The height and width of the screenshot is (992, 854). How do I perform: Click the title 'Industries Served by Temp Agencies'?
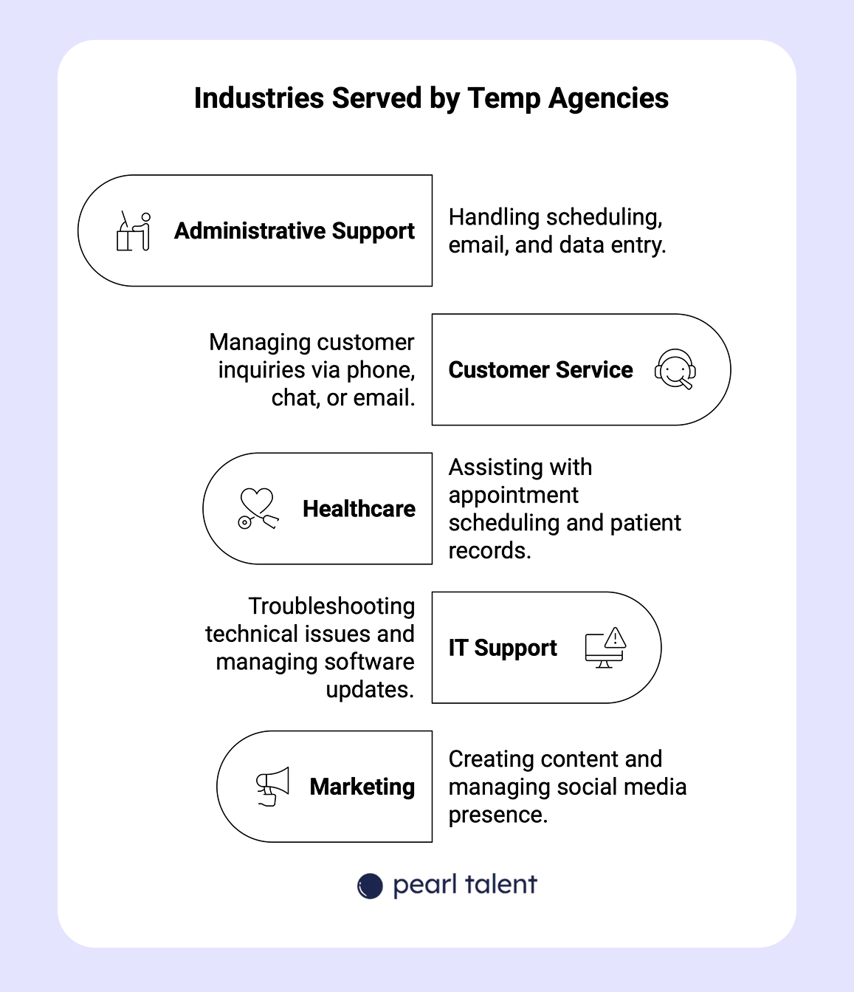[431, 98]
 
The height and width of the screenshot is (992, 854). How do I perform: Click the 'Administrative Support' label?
[294, 231]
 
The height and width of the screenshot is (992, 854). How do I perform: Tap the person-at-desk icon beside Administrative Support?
[134, 231]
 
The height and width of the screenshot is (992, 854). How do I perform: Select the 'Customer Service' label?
[540, 370]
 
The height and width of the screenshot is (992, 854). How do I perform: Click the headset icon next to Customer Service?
[675, 369]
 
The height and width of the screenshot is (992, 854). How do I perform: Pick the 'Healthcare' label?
[359, 509]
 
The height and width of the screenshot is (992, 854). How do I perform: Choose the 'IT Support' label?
[503, 648]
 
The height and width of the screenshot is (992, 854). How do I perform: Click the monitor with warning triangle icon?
[605, 648]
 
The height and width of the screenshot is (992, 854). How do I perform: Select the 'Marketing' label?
[362, 787]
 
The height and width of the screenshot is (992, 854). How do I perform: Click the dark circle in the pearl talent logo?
[370, 886]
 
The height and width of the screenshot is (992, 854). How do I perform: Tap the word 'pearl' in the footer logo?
[424, 886]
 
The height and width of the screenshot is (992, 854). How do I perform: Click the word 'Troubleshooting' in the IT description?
[331, 606]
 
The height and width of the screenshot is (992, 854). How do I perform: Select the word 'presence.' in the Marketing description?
[498, 815]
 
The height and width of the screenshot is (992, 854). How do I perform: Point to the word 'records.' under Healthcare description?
[489, 550]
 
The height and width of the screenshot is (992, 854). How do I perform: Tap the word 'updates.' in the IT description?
[370, 690]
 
